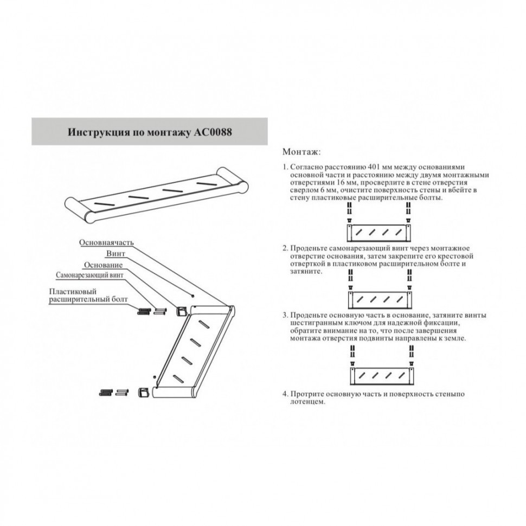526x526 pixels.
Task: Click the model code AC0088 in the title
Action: click(213, 132)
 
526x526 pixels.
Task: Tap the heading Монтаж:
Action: click(302, 151)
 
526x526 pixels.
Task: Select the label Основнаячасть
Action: click(106, 242)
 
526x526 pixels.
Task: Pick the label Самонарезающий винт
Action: click(90, 275)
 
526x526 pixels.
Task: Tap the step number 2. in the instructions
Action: click(285, 247)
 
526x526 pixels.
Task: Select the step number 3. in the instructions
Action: click(285, 315)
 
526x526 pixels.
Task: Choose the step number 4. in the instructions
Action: click(285, 394)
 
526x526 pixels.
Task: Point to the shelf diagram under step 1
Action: click(377, 233)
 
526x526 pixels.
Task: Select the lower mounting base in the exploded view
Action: click(144, 392)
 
